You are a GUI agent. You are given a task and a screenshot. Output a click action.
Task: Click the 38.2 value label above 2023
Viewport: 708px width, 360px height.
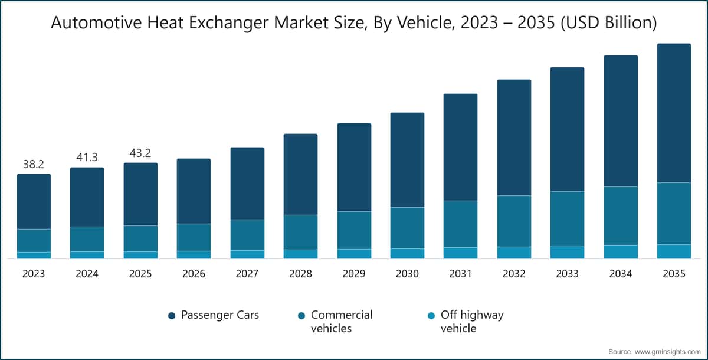tap(34, 165)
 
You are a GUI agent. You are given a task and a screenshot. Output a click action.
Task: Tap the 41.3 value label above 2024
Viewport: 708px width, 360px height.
tap(87, 158)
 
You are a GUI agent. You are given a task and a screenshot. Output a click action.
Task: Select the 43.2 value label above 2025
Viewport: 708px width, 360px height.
tap(140, 153)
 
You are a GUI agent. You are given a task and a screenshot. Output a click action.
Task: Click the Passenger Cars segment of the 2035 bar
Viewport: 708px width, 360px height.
tap(674, 113)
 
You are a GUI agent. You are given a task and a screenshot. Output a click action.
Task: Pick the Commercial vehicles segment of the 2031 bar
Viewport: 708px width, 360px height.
tap(460, 224)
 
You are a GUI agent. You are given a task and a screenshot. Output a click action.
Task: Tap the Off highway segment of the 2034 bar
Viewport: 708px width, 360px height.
tap(621, 251)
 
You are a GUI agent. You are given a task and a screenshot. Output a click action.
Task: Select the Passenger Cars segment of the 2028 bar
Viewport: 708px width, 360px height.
tap(300, 174)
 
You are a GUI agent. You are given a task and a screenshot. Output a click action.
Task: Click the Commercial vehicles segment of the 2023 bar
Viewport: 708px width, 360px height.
tap(34, 240)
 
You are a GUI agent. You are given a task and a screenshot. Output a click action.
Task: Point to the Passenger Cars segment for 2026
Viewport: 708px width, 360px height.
tap(194, 191)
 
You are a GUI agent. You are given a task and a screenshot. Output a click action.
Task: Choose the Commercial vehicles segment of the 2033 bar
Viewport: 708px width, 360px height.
tap(567, 218)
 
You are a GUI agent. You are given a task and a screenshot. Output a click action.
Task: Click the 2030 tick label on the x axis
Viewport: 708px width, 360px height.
tap(407, 274)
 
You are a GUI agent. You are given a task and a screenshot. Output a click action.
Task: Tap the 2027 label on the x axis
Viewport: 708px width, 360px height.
tap(247, 274)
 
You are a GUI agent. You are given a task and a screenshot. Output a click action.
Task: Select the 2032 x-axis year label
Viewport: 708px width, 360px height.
tap(514, 274)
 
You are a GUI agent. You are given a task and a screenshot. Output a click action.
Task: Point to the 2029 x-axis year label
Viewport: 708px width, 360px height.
tap(354, 274)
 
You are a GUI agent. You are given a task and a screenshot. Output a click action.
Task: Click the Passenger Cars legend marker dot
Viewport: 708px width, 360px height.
tap(172, 316)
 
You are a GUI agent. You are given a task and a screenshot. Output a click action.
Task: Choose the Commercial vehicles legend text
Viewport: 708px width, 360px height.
tap(342, 321)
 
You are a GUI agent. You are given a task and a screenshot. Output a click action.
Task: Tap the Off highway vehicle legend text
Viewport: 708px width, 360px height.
tap(472, 321)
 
